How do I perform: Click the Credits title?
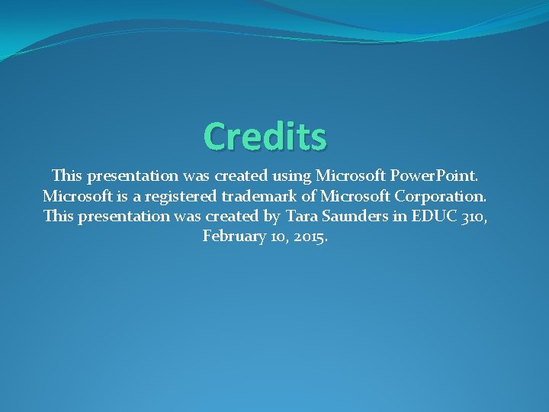[265, 137]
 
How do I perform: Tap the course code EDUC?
[432, 217]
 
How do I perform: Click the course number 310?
[473, 217]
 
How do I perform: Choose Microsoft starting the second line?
[75, 196]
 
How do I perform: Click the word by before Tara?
[271, 217]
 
